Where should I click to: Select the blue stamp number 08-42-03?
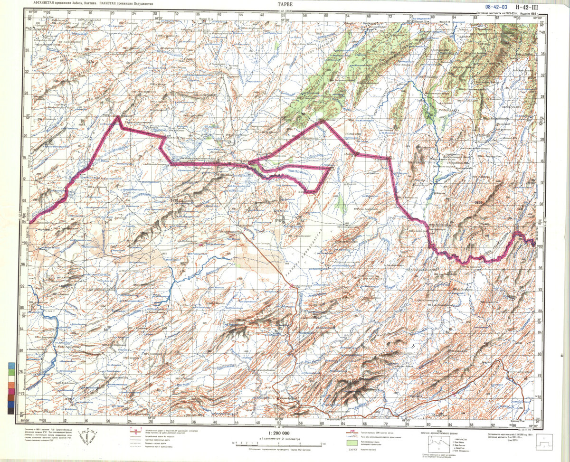coord(496,6)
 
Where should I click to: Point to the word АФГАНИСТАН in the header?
coord(42,3)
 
